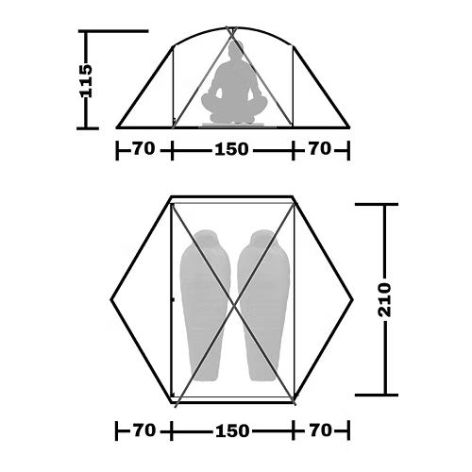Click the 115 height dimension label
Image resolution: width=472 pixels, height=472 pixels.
86,81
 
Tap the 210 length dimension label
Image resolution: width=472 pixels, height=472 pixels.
384,299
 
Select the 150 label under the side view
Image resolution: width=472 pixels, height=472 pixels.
231,149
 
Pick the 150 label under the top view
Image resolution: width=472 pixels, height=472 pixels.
232,430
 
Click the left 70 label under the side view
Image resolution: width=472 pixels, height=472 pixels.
143,148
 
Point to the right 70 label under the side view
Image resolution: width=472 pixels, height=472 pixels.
320,148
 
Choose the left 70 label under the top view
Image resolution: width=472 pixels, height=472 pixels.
144,430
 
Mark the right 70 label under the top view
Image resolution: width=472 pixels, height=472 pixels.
321,430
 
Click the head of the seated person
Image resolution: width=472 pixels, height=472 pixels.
235,50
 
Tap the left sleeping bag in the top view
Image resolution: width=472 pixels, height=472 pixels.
205,305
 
